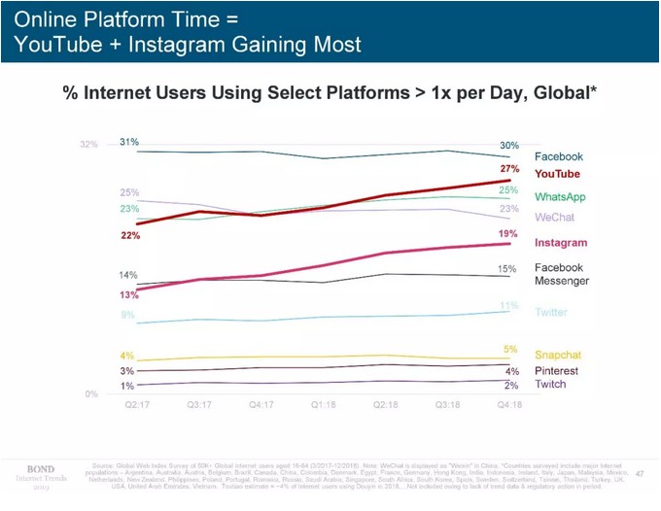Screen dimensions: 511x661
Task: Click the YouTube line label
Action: (557, 174)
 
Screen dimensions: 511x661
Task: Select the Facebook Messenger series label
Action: (559, 274)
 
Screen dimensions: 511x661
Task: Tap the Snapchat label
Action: (558, 355)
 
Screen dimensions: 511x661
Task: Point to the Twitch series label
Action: (551, 385)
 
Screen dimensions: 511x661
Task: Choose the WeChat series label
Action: (553, 217)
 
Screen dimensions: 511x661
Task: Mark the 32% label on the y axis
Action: (88, 145)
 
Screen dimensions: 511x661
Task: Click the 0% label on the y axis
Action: (90, 393)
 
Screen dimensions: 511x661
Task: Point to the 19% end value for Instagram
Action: (507, 234)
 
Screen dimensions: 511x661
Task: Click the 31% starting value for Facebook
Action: (128, 142)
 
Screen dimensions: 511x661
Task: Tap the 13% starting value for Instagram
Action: (128, 294)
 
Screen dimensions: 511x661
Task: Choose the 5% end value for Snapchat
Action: (510, 349)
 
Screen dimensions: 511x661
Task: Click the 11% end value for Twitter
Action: (508, 306)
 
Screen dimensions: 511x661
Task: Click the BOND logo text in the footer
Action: (40, 468)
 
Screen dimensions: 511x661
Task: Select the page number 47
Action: (639, 473)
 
